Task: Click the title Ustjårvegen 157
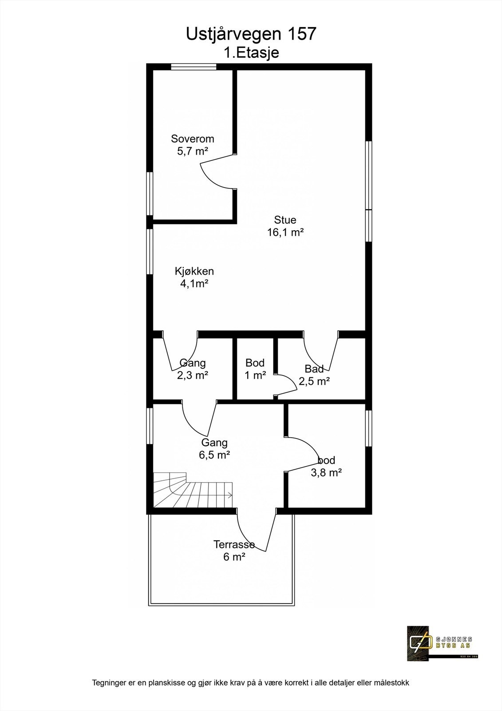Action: [251, 34]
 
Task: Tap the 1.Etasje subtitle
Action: [251, 53]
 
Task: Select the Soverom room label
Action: [193, 139]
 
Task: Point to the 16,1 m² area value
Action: [285, 232]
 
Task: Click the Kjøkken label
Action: [194, 271]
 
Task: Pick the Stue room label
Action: [285, 220]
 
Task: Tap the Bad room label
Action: [314, 369]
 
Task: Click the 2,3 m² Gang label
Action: [193, 375]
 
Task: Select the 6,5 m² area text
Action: [214, 455]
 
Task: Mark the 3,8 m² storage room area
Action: [326, 472]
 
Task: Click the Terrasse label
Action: [234, 544]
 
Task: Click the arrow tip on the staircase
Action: [231, 495]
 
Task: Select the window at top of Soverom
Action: [194, 67]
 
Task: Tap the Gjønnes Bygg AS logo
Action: [442, 642]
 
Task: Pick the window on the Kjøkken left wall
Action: [150, 253]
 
